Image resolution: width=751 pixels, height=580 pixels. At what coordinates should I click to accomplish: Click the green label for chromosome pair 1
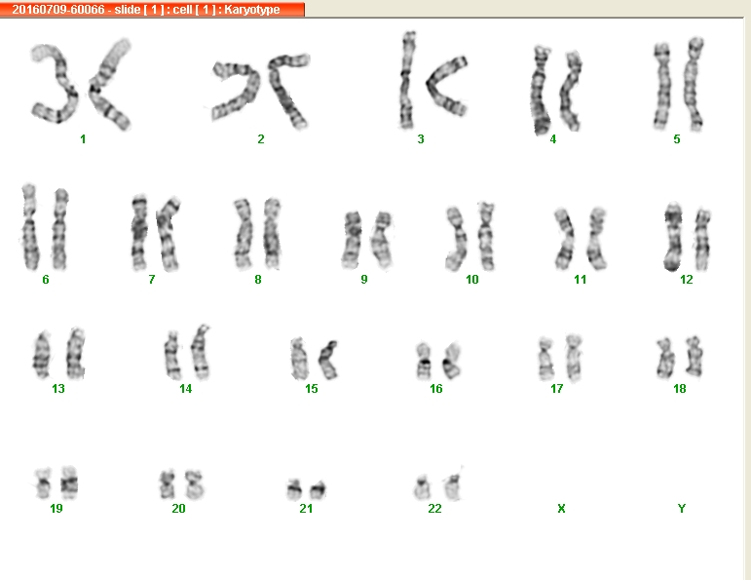(x=83, y=139)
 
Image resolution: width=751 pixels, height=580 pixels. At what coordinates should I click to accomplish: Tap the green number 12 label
(x=687, y=280)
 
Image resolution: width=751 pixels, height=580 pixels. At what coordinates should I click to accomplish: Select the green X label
(x=561, y=508)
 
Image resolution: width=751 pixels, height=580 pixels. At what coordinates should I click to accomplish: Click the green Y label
(x=682, y=508)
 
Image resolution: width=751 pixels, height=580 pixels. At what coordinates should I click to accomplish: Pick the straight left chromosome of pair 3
(x=407, y=80)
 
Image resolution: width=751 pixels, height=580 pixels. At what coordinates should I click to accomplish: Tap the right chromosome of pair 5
(x=694, y=84)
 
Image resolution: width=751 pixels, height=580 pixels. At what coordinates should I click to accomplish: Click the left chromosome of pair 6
(x=29, y=227)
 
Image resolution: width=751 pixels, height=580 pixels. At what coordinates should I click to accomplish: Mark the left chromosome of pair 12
(x=673, y=236)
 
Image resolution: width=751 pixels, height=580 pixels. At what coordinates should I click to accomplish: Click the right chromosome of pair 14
(x=201, y=352)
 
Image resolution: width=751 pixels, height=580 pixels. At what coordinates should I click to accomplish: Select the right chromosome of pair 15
(x=328, y=360)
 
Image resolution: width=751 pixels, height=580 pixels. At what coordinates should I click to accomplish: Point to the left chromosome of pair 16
(x=424, y=361)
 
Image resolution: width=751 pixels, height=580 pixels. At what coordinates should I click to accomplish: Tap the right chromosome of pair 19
(x=69, y=483)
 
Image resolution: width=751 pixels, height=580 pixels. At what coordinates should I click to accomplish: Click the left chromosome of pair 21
(x=294, y=489)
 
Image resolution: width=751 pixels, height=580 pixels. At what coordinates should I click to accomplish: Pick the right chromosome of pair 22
(x=453, y=486)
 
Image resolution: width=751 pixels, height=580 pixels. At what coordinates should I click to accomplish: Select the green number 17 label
(x=556, y=389)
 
